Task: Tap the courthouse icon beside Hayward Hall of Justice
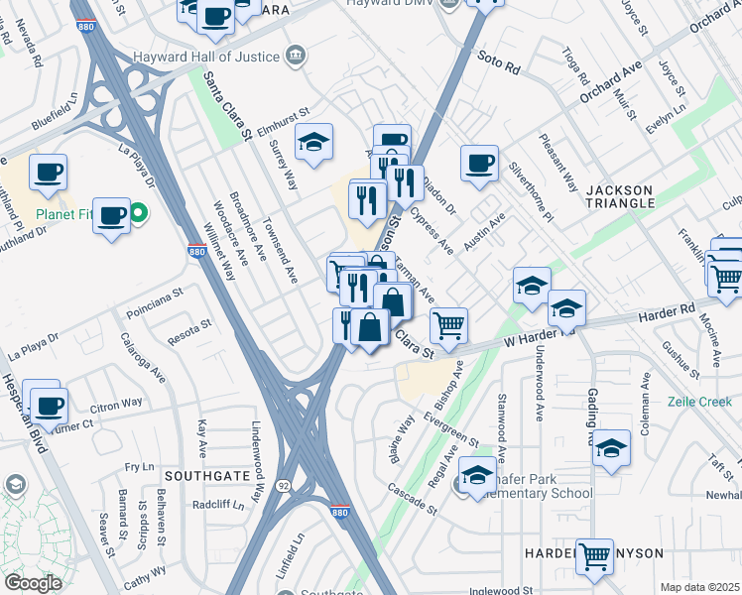pos(295,57)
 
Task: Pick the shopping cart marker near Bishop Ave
pos(449,324)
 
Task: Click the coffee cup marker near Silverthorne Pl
pos(480,163)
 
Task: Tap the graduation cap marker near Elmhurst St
pos(313,143)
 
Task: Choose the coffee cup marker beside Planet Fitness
pos(112,215)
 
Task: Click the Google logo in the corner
pos(33,582)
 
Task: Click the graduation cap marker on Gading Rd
pos(612,449)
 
